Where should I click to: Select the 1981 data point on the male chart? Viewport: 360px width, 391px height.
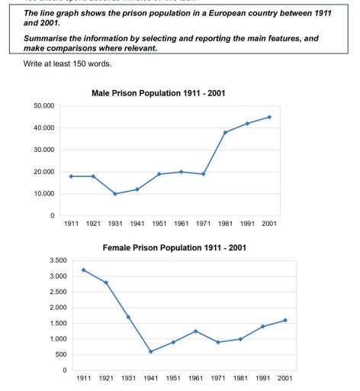tap(225, 132)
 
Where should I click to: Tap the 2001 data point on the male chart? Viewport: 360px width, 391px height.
tap(269, 117)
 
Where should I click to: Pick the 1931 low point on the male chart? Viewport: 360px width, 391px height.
tap(114, 194)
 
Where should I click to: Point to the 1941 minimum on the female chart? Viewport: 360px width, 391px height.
tap(150, 351)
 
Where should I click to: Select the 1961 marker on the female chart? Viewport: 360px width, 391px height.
tap(195, 331)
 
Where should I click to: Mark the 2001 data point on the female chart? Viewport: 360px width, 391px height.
tap(285, 320)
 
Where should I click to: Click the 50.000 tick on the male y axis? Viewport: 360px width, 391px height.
tap(44, 105)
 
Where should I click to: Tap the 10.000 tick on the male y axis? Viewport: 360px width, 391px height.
tap(44, 194)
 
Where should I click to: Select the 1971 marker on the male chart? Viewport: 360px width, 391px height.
tap(203, 174)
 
